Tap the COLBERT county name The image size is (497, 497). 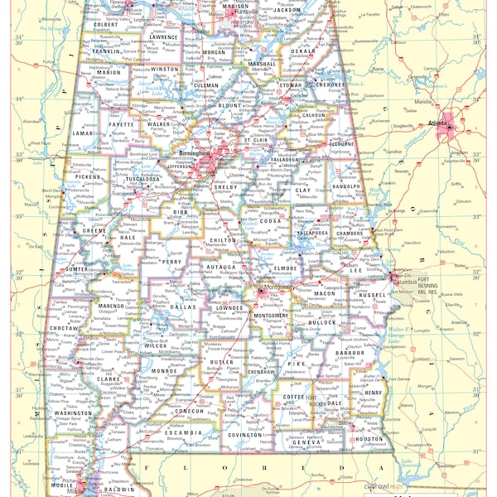coord(105,25)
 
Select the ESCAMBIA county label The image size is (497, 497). coord(182,432)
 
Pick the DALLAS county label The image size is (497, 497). coord(184,306)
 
